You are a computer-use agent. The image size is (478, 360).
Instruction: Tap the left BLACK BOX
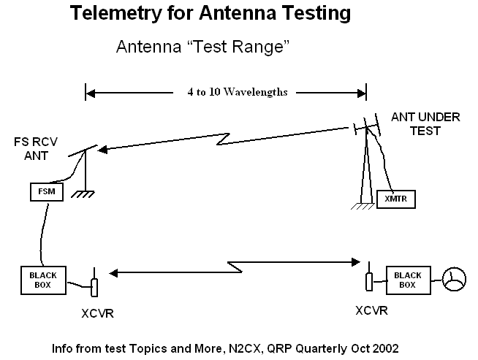tap(42, 279)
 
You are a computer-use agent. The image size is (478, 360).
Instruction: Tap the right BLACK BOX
tap(408, 279)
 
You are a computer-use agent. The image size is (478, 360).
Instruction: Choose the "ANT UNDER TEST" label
tap(415, 123)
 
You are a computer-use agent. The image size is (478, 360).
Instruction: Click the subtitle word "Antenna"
tap(144, 47)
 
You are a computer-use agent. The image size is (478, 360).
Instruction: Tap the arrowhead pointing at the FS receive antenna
tap(102, 150)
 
